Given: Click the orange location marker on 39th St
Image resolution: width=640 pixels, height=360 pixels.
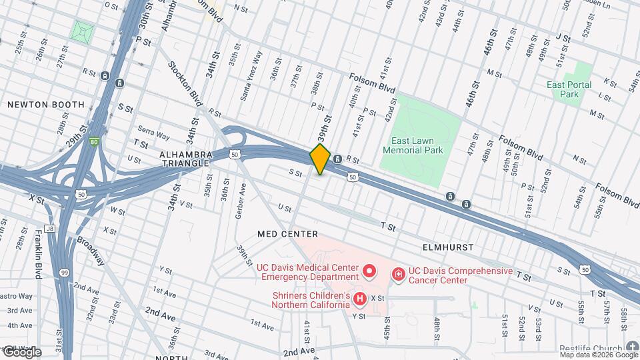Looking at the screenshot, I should click(x=320, y=159).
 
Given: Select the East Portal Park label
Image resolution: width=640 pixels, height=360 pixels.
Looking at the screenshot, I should click(x=569, y=89).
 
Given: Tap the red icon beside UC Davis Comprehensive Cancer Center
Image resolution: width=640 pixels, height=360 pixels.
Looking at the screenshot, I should click(x=398, y=273).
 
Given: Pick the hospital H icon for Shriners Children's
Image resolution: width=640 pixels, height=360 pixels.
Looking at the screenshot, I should click(x=360, y=299).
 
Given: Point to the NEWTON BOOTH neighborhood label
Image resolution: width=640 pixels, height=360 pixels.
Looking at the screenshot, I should click(x=46, y=105).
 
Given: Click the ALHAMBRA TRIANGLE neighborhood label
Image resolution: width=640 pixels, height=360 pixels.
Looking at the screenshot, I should click(x=186, y=159).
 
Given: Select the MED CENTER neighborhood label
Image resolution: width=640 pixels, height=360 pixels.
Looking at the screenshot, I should click(x=288, y=234).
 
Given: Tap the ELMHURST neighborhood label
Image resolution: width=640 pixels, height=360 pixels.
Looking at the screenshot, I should click(x=448, y=247).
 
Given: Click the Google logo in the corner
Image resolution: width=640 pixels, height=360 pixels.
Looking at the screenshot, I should click(x=22, y=351).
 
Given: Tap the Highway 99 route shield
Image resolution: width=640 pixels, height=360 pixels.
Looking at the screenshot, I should click(x=64, y=254).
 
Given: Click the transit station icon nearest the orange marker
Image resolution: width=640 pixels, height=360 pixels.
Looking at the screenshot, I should click(x=338, y=159).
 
